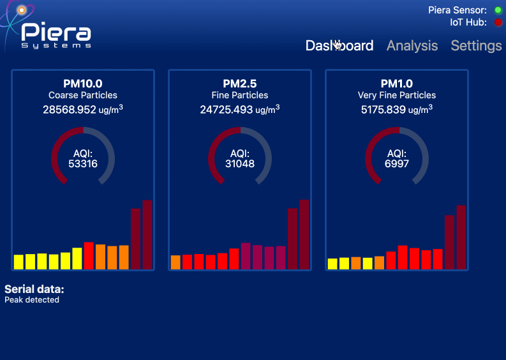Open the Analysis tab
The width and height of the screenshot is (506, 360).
point(412,46)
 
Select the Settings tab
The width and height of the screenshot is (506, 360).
point(476,46)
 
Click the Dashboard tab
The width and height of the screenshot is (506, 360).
point(339,46)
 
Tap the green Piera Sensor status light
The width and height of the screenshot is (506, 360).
point(498,10)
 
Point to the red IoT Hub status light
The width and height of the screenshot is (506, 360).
point(498,22)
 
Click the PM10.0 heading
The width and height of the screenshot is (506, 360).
point(83,84)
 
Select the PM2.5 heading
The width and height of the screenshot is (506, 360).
point(240,84)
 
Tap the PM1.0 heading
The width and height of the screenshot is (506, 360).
point(397,84)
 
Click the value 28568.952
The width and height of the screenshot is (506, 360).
point(70,110)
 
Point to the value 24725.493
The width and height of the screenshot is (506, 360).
point(227,110)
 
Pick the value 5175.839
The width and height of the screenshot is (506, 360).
point(383,110)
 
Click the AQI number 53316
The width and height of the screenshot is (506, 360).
point(83,164)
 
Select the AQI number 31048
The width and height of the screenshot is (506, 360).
point(240,164)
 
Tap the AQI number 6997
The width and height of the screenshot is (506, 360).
point(397,164)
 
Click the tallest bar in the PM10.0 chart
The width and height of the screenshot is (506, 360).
point(147,234)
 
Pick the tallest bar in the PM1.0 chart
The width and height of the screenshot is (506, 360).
point(461,237)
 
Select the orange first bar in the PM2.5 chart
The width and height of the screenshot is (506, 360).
point(175,262)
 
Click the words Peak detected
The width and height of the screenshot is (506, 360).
point(32,300)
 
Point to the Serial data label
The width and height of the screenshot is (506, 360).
point(34,289)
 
